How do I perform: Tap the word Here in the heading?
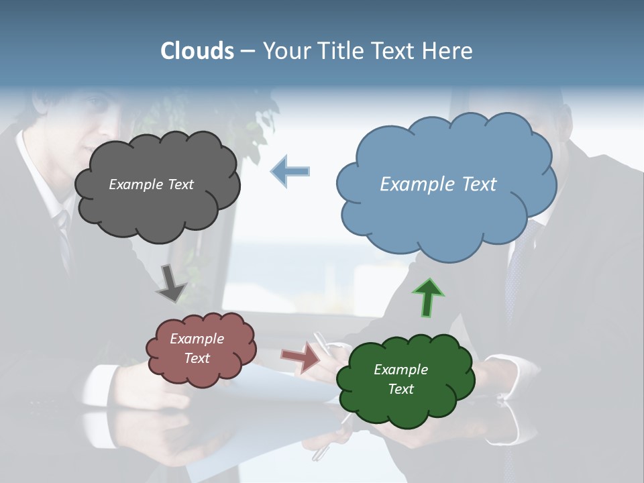449,51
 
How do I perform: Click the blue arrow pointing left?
290,172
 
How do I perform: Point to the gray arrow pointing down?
172,283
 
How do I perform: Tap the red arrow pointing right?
301,357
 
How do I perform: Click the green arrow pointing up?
428,298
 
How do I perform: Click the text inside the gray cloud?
151,184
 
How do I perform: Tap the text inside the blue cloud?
438,184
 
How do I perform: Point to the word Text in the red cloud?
197,358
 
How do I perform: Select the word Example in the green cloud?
400,370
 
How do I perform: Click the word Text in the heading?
396,51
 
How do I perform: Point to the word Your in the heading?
284,51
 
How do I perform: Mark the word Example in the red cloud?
197,339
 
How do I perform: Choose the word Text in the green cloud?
400,389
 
